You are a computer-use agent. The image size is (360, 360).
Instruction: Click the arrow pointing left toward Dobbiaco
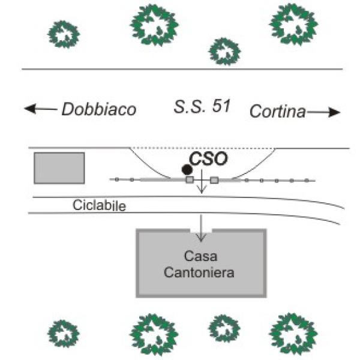pos(40,109)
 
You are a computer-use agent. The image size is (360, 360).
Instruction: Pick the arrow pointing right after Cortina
pos(325,112)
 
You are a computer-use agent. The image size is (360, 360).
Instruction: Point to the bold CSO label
pos(208,160)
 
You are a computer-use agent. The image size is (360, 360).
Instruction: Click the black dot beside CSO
pos(187,170)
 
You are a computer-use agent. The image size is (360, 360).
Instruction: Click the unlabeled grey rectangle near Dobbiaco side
pos(59,167)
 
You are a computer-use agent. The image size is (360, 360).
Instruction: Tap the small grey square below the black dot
pos(190,179)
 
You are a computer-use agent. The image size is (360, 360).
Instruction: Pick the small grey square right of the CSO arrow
pos(214,179)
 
